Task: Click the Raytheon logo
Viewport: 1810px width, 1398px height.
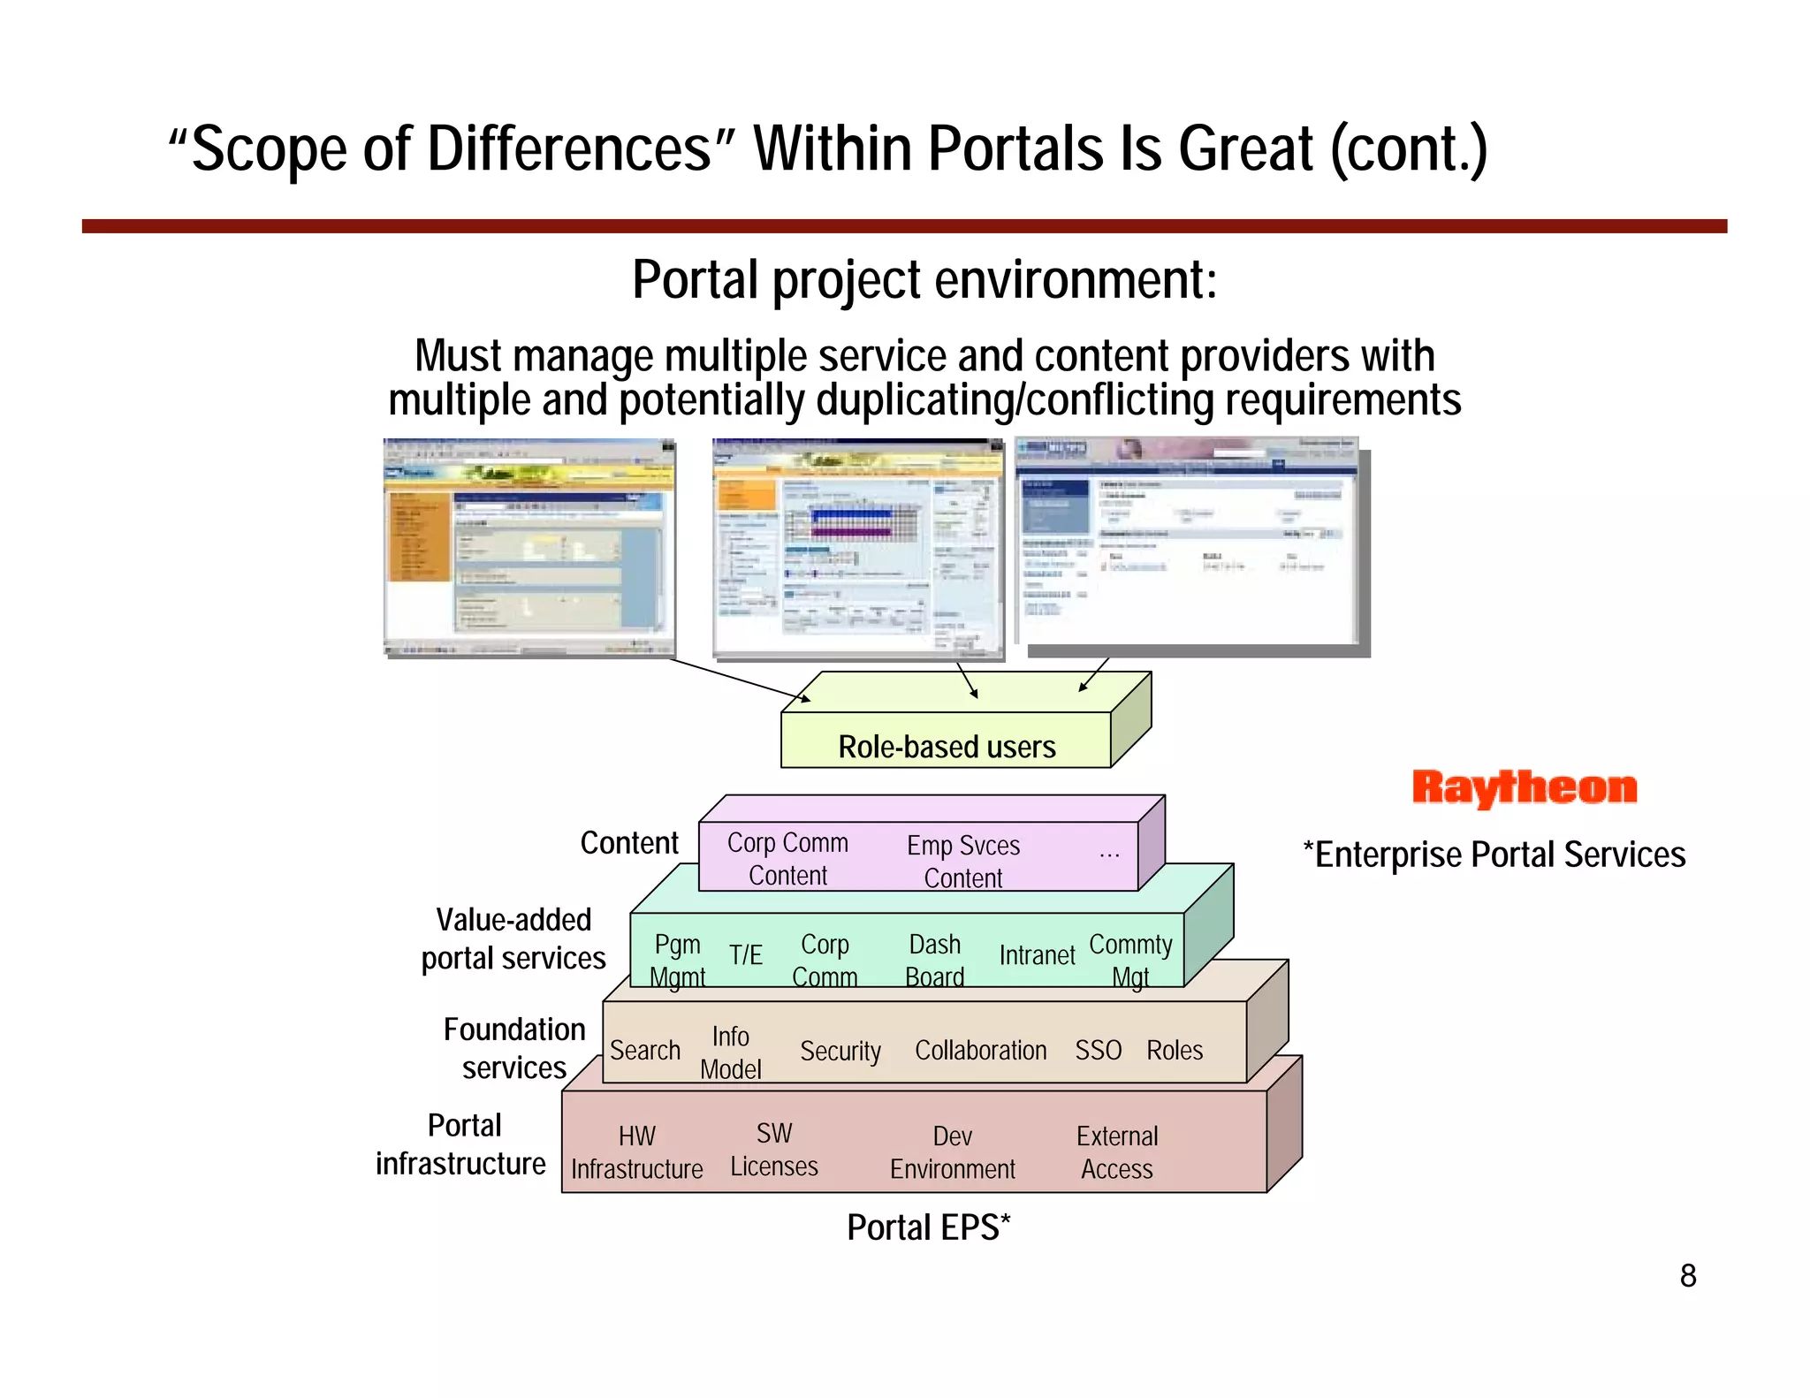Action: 1524,787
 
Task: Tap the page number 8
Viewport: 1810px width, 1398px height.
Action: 1687,1276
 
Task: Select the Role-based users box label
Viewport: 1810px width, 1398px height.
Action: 947,747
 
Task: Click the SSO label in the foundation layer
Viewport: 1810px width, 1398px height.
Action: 1098,1050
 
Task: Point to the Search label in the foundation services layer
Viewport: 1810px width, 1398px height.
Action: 645,1050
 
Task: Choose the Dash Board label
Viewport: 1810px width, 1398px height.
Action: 935,961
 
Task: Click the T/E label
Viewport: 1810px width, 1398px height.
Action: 745,955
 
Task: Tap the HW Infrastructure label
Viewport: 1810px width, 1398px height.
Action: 636,1152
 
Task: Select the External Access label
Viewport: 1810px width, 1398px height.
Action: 1117,1152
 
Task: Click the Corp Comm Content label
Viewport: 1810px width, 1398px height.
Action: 787,858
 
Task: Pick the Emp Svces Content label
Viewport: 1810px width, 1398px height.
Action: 963,861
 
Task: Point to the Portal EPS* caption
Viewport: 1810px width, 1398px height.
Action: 928,1227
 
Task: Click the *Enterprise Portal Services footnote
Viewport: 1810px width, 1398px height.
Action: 1494,855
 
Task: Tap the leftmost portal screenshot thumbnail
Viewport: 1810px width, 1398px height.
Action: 529,547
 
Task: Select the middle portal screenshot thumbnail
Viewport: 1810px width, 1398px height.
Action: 858,549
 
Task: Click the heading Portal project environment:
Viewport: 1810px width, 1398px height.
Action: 924,280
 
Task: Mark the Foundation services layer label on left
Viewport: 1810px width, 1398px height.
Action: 514,1048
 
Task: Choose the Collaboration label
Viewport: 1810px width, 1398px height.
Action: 980,1050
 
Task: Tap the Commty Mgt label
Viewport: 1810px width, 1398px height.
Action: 1130,961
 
